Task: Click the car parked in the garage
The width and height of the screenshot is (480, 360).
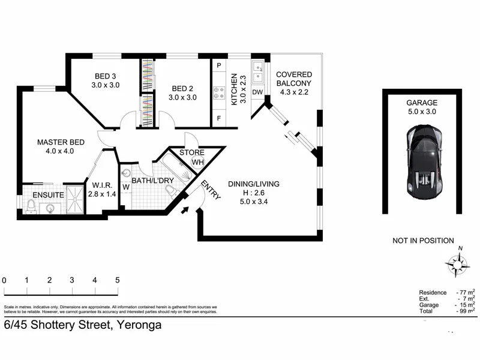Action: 424,161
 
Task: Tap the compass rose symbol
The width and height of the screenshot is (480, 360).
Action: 457,264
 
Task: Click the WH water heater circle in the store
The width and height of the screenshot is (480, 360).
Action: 198,162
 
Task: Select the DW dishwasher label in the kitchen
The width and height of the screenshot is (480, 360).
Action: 257,92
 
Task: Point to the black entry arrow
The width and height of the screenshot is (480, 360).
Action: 185,210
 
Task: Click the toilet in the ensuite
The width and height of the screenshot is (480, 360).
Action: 31,206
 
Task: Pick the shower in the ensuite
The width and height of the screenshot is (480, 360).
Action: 75,199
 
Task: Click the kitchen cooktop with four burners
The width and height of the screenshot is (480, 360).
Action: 219,93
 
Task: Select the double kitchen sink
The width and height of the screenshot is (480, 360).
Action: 259,72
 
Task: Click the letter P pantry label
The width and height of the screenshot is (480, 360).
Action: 219,65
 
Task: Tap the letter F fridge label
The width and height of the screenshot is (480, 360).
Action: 218,118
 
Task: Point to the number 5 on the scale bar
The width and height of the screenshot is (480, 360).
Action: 117,280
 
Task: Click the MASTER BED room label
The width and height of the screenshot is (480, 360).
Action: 61,142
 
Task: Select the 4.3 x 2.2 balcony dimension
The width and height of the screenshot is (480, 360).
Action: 294,92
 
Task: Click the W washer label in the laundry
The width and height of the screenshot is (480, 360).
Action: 126,187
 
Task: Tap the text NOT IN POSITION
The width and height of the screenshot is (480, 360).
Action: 423,241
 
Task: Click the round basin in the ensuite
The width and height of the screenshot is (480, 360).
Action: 50,209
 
